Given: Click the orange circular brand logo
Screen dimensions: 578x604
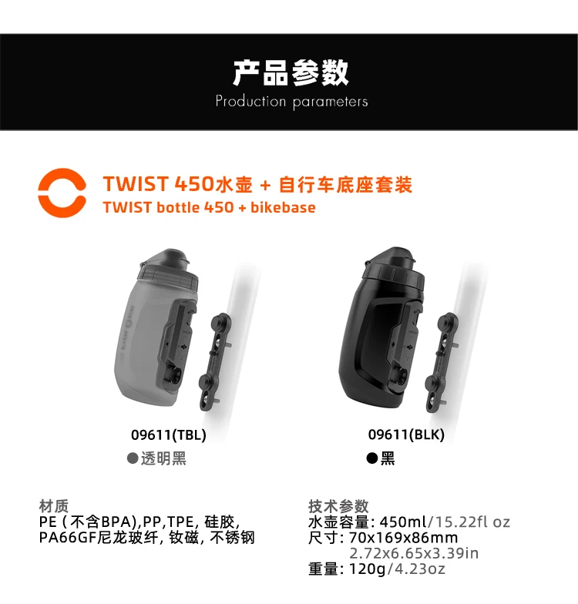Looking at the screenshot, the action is [42, 193].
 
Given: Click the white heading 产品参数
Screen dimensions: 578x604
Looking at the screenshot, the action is [291, 72].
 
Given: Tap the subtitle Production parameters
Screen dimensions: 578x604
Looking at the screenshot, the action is [291, 102].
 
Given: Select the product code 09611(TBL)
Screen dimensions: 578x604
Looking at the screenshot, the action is [168, 435].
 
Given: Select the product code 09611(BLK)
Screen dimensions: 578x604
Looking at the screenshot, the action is [406, 435].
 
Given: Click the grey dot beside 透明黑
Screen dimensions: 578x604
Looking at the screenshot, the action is [133, 458].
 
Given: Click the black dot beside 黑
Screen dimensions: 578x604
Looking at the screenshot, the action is [371, 458].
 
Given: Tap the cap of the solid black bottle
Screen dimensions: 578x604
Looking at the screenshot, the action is [395, 267].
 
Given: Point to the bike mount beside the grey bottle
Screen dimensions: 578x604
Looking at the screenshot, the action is [215, 361].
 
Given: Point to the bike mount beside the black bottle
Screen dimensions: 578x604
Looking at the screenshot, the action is [441, 362].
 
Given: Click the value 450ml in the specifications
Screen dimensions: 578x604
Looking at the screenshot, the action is [403, 522].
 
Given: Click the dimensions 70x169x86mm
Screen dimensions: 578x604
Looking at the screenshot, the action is [404, 538].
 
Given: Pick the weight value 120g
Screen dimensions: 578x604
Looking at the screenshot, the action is [367, 569].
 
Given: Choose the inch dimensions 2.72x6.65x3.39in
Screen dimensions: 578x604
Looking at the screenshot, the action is [414, 553].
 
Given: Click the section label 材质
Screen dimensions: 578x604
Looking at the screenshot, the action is [54, 506].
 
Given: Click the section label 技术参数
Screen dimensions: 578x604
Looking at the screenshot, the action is [338, 506].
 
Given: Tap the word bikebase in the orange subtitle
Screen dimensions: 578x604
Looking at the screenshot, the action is [283, 207].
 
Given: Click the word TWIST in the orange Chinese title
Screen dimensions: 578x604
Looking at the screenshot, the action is [136, 183].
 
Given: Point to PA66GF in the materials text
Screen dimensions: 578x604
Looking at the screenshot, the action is [68, 538].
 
